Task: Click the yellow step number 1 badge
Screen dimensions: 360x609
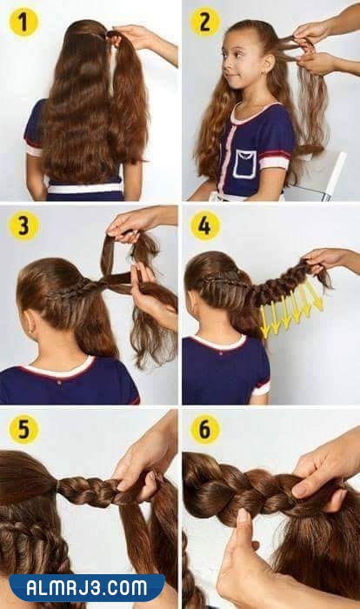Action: click(x=23, y=22)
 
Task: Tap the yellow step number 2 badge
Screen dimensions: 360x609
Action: click(x=204, y=22)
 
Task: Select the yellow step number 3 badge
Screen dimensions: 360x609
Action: click(x=23, y=225)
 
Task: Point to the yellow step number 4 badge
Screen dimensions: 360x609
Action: click(x=204, y=225)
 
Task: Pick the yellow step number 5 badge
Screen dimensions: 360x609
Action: click(x=23, y=429)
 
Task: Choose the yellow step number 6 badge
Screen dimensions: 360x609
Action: click(x=204, y=429)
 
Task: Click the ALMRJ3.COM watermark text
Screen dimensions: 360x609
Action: click(x=87, y=588)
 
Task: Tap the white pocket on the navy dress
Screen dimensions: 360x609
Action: click(x=244, y=164)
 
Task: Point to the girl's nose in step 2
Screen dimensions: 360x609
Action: click(x=225, y=63)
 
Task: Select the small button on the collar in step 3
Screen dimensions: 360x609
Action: click(x=58, y=382)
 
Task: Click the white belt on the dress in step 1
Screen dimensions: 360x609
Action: click(x=84, y=189)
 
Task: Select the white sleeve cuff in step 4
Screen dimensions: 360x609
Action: click(x=261, y=388)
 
